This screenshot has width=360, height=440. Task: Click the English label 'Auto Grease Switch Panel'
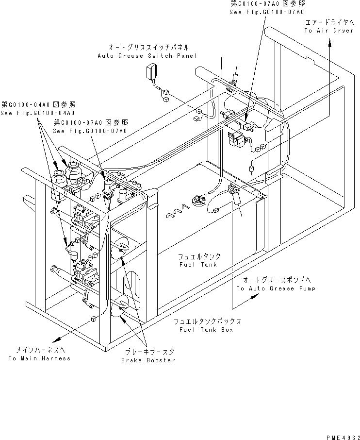click(147, 56)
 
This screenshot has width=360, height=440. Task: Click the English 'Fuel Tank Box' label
click(206, 330)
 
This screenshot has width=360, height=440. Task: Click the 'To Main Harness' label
click(39, 358)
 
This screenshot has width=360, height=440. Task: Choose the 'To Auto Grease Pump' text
click(276, 288)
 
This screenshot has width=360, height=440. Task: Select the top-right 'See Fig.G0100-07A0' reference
click(267, 12)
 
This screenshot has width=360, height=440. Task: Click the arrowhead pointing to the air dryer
click(330, 43)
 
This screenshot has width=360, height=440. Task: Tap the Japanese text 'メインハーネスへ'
click(39, 350)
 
